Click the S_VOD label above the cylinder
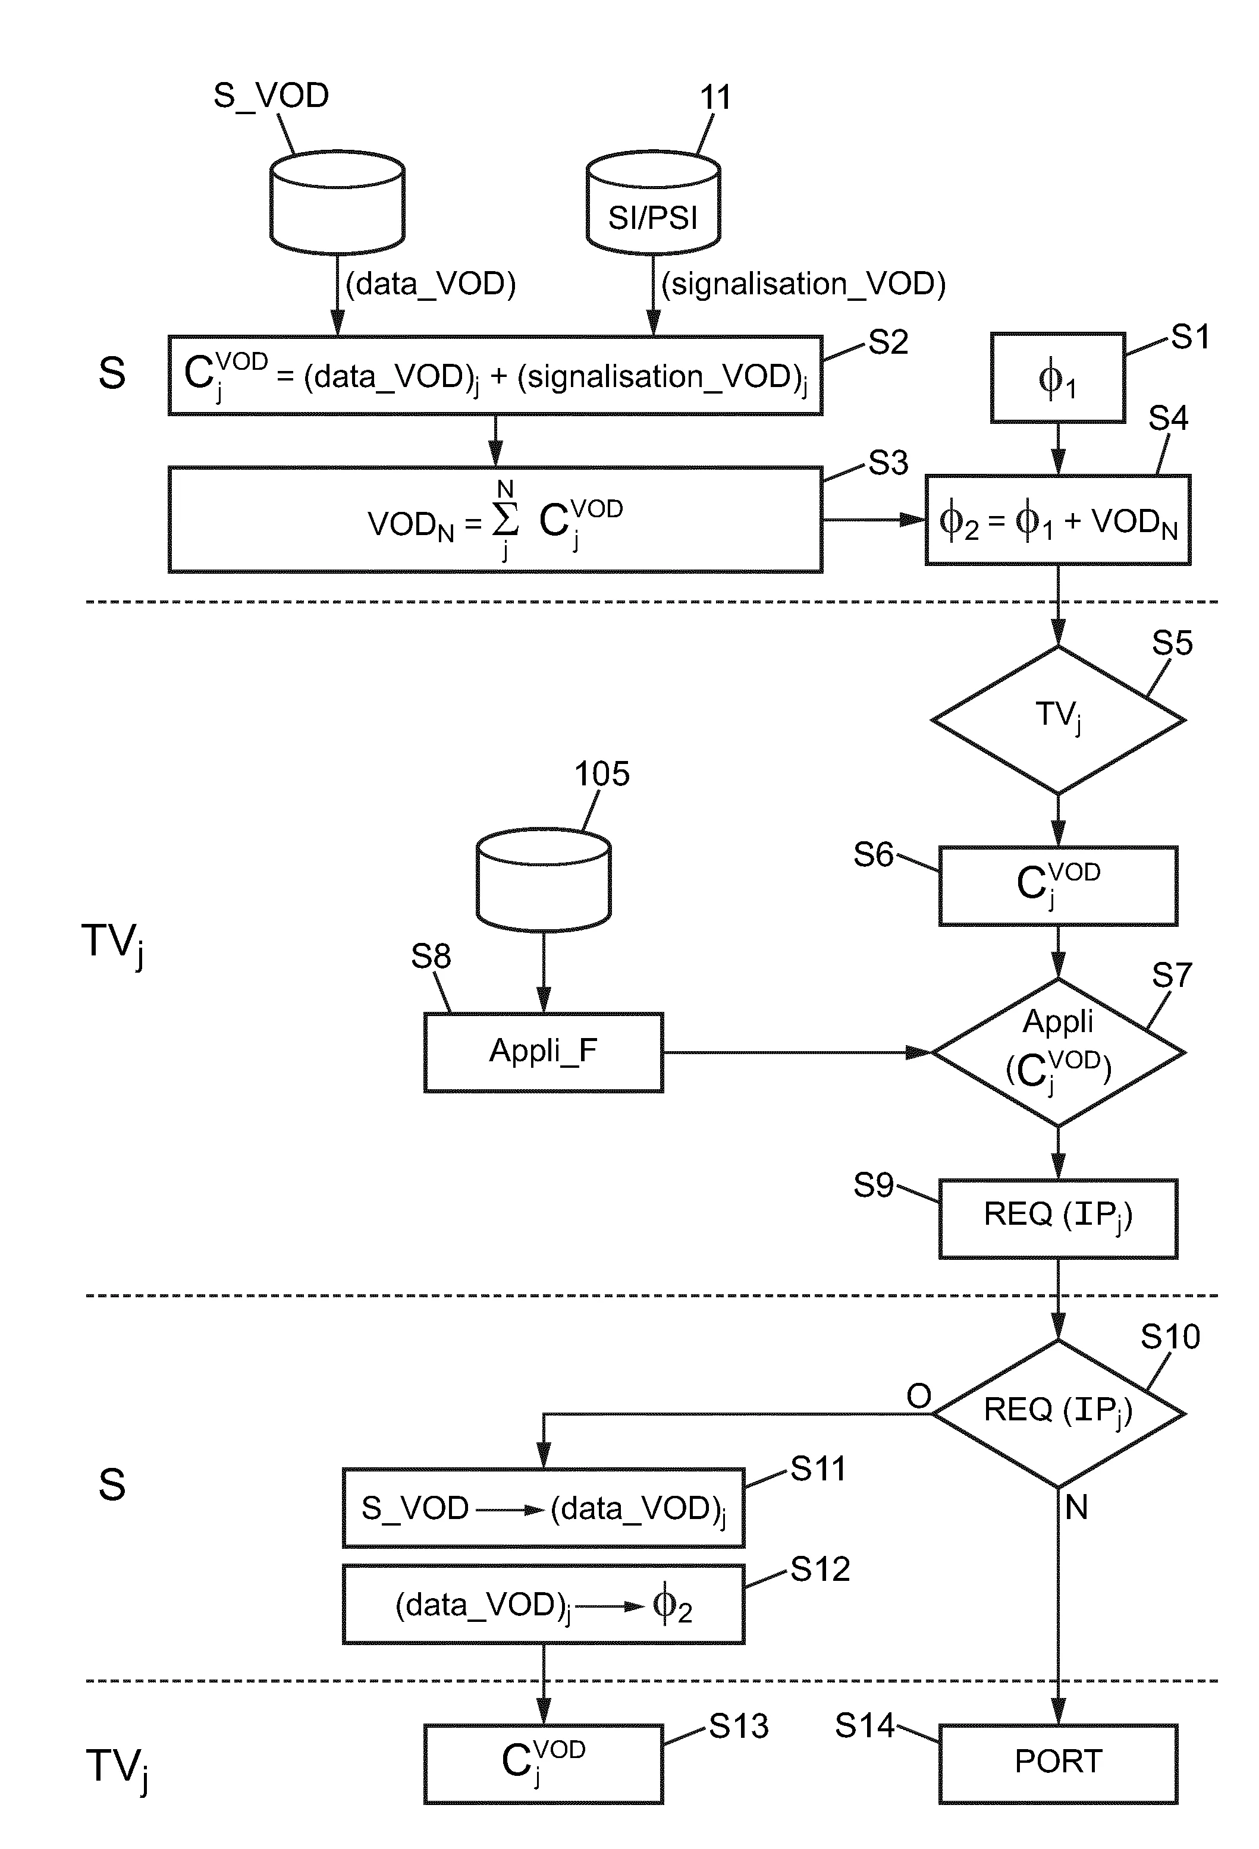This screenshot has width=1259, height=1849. [x=271, y=96]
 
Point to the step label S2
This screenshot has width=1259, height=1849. [x=887, y=342]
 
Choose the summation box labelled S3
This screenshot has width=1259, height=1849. [x=494, y=520]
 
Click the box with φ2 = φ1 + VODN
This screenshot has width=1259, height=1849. [x=1057, y=520]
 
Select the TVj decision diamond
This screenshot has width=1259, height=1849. [x=1057, y=719]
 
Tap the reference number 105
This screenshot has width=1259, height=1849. [x=602, y=773]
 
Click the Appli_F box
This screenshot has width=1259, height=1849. [x=543, y=1052]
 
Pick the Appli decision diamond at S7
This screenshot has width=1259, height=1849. [x=1057, y=1052]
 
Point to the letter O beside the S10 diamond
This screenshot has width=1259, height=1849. [x=918, y=1395]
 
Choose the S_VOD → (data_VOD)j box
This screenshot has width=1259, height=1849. [x=543, y=1508]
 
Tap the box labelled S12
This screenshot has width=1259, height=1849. [x=543, y=1605]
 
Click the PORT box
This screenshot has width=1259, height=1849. [x=1057, y=1763]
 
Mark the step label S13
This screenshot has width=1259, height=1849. [x=739, y=1727]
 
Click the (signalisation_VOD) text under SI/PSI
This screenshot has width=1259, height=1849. [x=803, y=284]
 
